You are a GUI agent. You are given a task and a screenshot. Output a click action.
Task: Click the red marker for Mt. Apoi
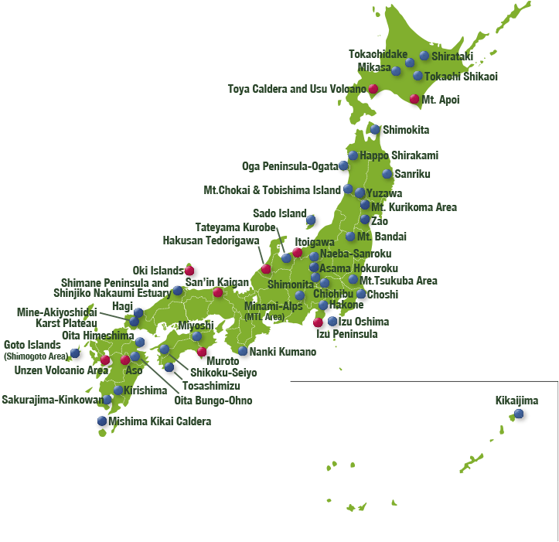click(414, 99)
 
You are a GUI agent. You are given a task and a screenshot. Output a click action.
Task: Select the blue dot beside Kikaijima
click(519, 414)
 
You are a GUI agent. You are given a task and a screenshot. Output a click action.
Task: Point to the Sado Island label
click(280, 213)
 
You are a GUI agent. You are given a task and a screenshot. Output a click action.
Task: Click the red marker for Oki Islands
click(189, 271)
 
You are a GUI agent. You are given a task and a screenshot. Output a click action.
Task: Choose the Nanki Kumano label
click(282, 352)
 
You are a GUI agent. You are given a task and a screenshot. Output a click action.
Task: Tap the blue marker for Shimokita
click(376, 130)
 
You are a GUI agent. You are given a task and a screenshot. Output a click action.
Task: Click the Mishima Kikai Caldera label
click(159, 421)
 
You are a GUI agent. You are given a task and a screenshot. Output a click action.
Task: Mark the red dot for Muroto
click(203, 352)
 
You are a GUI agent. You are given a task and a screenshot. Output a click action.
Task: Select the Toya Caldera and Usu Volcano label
click(297, 88)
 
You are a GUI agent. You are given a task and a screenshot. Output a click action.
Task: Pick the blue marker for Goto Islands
click(75, 353)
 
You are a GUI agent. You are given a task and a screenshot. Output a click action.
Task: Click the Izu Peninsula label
click(347, 334)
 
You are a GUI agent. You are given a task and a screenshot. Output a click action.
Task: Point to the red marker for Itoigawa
click(298, 253)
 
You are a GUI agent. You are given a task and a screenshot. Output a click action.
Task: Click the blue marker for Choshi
click(361, 294)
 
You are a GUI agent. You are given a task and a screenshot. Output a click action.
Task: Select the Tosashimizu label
click(211, 385)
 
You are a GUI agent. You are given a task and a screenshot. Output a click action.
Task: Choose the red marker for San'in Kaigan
click(218, 293)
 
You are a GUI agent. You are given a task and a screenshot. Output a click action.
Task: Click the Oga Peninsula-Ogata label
click(290, 165)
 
